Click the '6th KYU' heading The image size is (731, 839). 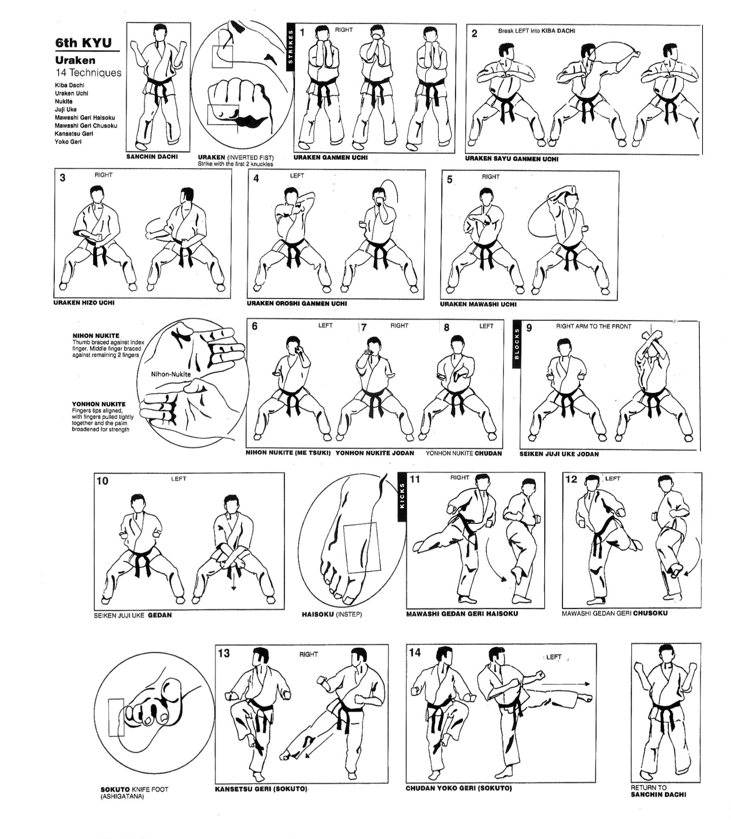(x=84, y=43)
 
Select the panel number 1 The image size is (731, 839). (x=302, y=32)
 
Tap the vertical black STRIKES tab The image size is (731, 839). (x=291, y=47)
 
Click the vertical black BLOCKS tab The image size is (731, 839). (x=517, y=344)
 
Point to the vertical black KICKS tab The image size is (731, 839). (x=402, y=497)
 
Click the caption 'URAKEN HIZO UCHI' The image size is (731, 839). (x=84, y=302)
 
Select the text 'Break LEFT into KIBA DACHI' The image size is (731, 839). (x=536, y=31)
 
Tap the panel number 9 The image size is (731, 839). (x=529, y=328)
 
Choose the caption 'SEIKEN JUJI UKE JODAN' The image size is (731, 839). (x=559, y=454)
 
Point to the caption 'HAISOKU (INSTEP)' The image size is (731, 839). (x=332, y=614)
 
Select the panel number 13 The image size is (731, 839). (x=224, y=654)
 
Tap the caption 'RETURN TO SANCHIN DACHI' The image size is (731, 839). (x=658, y=791)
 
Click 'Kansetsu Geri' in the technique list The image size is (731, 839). (x=74, y=133)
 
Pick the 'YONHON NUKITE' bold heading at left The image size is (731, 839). (x=99, y=404)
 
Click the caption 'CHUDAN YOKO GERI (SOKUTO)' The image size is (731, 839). (x=458, y=788)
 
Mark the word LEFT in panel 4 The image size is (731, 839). (x=297, y=176)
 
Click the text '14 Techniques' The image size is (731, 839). (x=89, y=72)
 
